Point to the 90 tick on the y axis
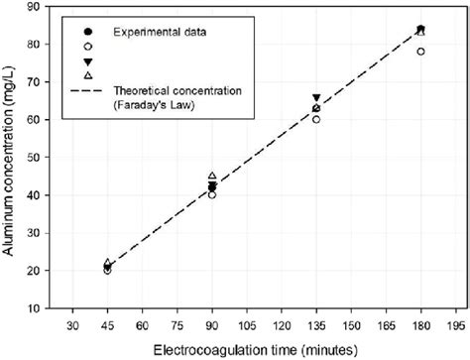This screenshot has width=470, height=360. [36, 7]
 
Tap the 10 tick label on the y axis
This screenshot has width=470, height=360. [36, 308]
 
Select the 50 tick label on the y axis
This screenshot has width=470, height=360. [36, 158]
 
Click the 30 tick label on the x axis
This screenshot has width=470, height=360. [72, 324]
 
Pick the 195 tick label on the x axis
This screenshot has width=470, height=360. [455, 324]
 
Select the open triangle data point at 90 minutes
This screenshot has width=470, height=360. [212, 176]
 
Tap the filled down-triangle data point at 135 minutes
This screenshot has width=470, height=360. [316, 98]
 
